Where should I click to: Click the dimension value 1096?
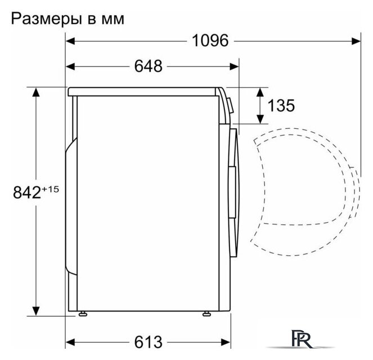point(210,40)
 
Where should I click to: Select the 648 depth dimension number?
point(148,66)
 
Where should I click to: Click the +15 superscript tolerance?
point(50,188)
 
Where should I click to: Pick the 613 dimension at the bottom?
point(148,341)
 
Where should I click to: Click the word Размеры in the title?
point(45,19)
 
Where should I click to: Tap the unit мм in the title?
point(112,20)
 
